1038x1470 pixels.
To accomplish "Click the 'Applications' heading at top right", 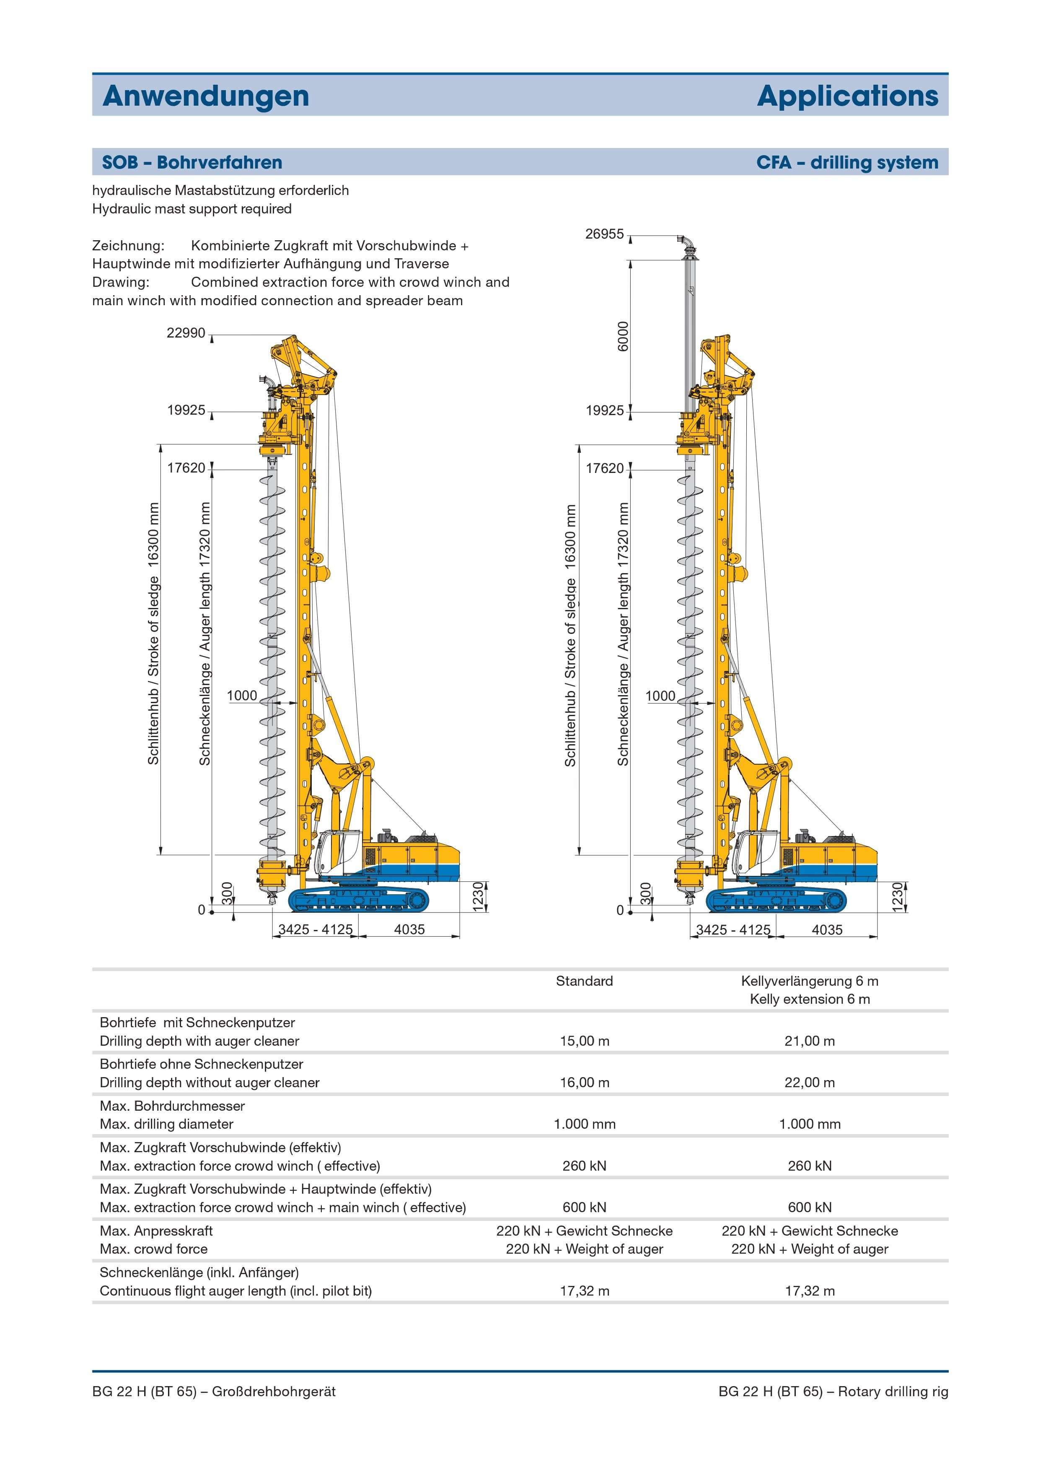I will click(x=847, y=96).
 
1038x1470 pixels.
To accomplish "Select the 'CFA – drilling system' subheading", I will click(x=847, y=163).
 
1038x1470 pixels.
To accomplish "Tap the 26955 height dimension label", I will click(x=604, y=234).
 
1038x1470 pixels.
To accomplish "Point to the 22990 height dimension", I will click(x=186, y=333).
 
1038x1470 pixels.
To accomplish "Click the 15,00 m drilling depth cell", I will click(x=584, y=1041).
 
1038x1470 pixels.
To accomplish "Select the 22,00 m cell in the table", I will click(x=810, y=1083).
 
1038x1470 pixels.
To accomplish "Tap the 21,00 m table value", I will click(x=810, y=1041).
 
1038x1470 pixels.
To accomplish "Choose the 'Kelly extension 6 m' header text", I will click(x=810, y=1000).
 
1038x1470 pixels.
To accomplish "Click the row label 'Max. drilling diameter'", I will click(x=166, y=1124).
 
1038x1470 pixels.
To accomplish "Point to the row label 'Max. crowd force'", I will click(x=154, y=1249).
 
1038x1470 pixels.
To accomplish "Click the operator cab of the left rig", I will click(x=339, y=852).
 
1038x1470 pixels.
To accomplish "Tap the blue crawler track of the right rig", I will click(x=776, y=900).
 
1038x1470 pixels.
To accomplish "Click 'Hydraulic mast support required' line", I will click(x=192, y=209).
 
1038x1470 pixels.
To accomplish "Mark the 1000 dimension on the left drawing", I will click(x=242, y=696).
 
